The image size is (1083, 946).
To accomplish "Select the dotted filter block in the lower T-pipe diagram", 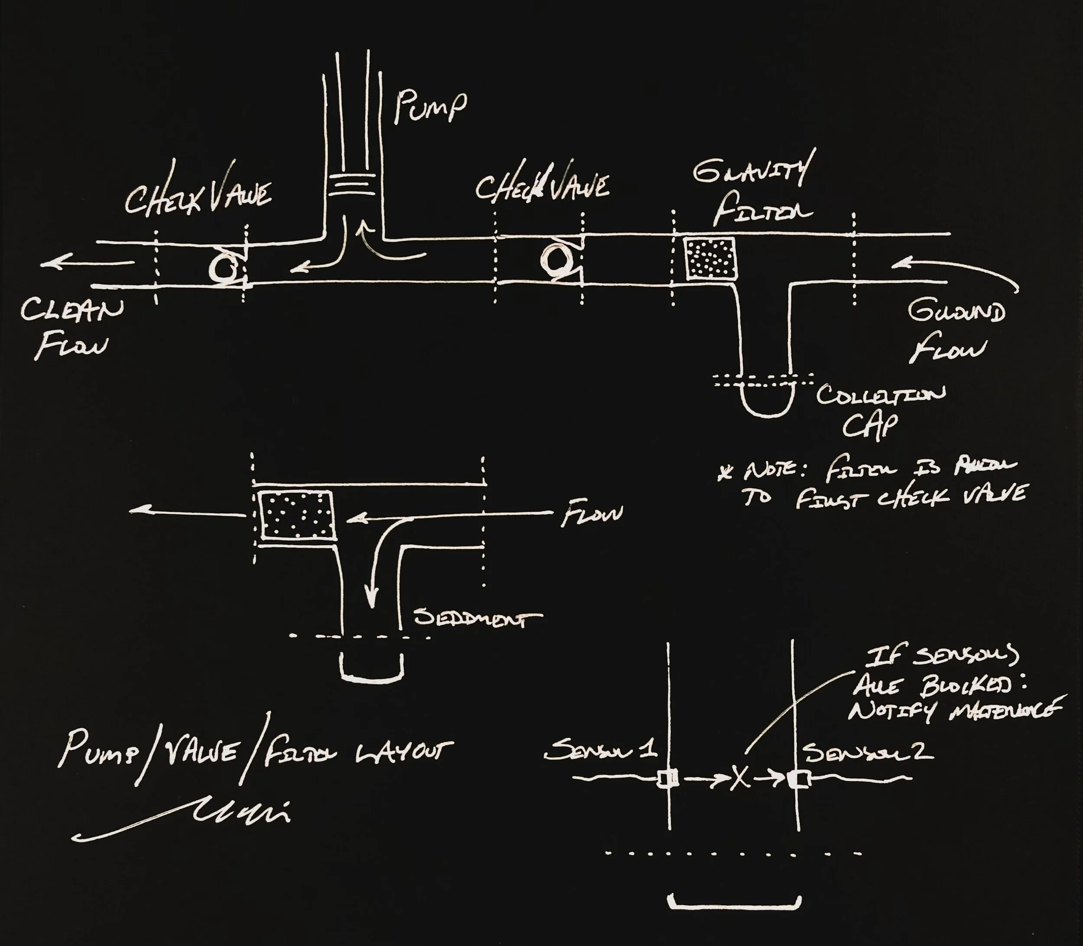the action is click(296, 515).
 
